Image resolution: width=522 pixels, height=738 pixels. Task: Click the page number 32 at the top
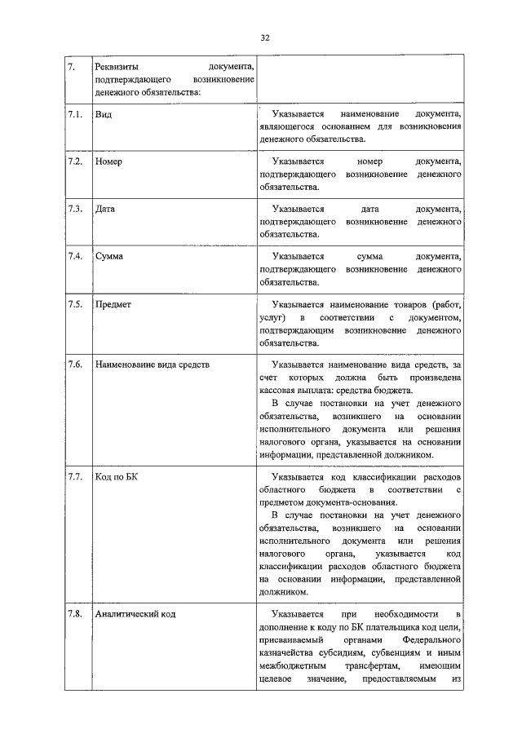[x=265, y=38]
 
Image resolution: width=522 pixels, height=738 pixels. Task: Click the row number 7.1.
[x=75, y=114]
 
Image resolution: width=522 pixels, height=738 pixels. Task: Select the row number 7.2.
[x=75, y=161]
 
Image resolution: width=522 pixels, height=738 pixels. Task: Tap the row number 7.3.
[x=75, y=209]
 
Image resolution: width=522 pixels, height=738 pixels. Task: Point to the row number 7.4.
[x=75, y=256]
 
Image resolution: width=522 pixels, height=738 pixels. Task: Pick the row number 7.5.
[x=75, y=304]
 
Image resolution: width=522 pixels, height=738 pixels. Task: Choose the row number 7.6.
[x=75, y=365]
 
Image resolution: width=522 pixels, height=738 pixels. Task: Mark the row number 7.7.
[x=75, y=477]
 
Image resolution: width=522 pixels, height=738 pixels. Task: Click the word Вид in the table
[x=103, y=114]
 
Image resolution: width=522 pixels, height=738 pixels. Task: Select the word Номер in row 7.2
[x=108, y=161]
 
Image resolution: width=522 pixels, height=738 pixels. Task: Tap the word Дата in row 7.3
[x=105, y=209]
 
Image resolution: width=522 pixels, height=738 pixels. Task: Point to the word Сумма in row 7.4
[x=109, y=256]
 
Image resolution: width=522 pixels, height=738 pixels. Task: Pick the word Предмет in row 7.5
[x=113, y=304]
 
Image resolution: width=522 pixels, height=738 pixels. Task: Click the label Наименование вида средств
[x=153, y=365]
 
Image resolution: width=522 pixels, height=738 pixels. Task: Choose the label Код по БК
[x=117, y=477]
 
